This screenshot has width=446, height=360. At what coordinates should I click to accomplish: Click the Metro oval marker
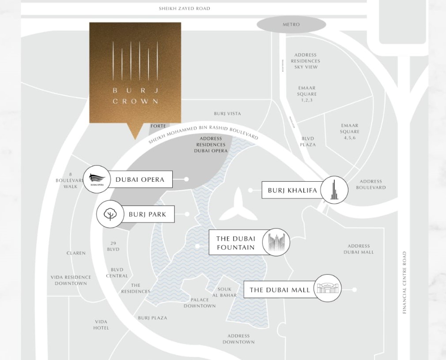pyautogui.click(x=291, y=25)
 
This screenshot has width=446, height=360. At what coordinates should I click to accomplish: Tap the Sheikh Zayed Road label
pyautogui.click(x=185, y=8)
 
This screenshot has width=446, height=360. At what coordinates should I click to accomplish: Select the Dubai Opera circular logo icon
pyautogui.click(x=97, y=179)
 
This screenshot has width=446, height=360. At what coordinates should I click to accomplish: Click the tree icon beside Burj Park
pyautogui.click(x=110, y=214)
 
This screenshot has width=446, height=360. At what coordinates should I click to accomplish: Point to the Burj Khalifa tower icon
pyautogui.click(x=334, y=190)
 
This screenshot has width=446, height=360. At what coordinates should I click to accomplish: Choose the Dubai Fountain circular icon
pyautogui.click(x=276, y=242)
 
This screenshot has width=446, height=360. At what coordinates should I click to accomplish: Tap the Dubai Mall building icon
pyautogui.click(x=328, y=289)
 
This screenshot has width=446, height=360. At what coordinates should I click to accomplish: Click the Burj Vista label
pyautogui.click(x=227, y=113)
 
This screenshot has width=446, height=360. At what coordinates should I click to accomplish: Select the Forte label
pyautogui.click(x=158, y=126)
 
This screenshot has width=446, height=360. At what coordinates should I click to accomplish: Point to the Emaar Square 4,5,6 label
pyautogui.click(x=349, y=131)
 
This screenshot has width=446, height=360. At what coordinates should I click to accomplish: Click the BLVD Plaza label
pyautogui.click(x=308, y=142)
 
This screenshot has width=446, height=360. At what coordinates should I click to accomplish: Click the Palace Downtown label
pyautogui.click(x=200, y=303)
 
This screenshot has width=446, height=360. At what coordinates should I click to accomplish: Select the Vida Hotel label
pyautogui.click(x=101, y=325)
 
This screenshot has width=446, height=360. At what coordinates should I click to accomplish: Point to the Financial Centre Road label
pyautogui.click(x=404, y=283)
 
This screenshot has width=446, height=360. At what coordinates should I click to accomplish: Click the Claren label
pyautogui.click(x=76, y=253)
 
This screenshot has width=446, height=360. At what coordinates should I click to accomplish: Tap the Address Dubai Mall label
pyautogui.click(x=359, y=249)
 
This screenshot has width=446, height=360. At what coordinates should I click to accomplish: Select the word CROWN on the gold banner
pyautogui.click(x=135, y=101)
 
